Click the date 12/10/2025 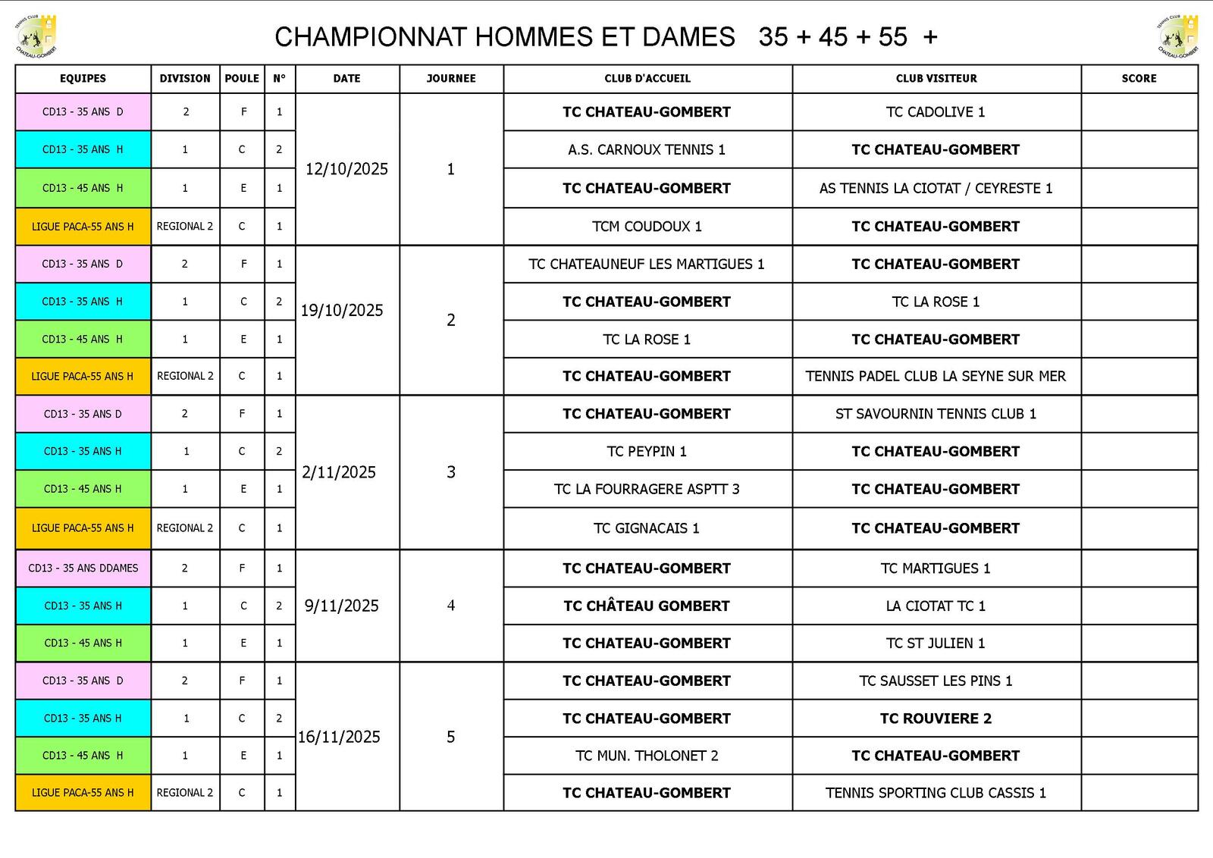pyautogui.click(x=346, y=169)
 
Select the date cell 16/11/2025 pyautogui.click(x=339, y=737)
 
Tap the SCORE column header pyautogui.click(x=1139, y=78)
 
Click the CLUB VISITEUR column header pyautogui.click(x=936, y=78)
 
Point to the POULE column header pyautogui.click(x=242, y=78)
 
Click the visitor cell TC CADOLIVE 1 pyautogui.click(x=936, y=112)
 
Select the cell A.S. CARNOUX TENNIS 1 pyautogui.click(x=647, y=150)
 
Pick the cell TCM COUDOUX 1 pyautogui.click(x=647, y=227)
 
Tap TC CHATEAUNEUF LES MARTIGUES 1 pyautogui.click(x=647, y=264)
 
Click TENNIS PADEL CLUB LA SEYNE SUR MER pyautogui.click(x=936, y=376)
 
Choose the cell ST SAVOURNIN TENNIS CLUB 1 pyautogui.click(x=936, y=414)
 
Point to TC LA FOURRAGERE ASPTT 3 pyautogui.click(x=647, y=489)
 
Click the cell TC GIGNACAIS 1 pyautogui.click(x=647, y=528)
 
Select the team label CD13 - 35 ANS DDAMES pyautogui.click(x=83, y=568)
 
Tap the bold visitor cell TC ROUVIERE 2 pyautogui.click(x=936, y=719)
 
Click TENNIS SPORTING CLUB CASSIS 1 pyautogui.click(x=936, y=793)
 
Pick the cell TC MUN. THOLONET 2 pyautogui.click(x=647, y=756)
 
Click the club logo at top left pyautogui.click(x=36, y=36)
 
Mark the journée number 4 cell pyautogui.click(x=451, y=606)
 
